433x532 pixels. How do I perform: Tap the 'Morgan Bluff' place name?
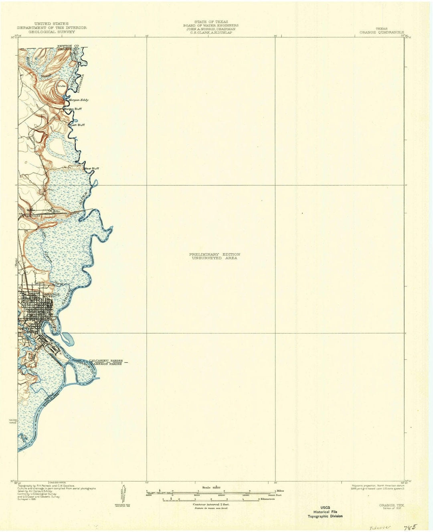[x=74, y=109]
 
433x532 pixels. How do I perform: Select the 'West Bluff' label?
[x=91, y=169]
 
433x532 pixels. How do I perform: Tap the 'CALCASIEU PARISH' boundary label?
[x=106, y=360]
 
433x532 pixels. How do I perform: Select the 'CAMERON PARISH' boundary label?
[x=106, y=363]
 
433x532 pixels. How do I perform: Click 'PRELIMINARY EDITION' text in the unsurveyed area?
[x=214, y=254]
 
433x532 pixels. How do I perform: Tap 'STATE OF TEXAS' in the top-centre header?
[x=211, y=22]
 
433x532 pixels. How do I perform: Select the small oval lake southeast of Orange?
[x=68, y=339]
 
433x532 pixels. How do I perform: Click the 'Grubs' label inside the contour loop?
[x=61, y=85]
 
